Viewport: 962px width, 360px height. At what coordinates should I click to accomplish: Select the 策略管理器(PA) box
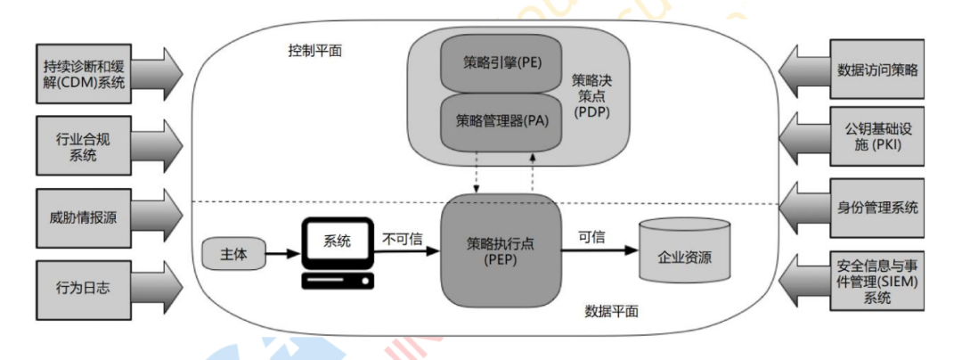501,119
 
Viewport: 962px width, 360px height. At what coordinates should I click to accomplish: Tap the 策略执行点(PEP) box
501,250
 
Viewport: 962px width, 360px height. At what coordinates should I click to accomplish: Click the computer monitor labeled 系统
336,241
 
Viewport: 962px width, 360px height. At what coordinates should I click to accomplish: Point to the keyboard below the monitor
337,281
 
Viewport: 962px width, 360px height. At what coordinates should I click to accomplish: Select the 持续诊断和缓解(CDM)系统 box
83,76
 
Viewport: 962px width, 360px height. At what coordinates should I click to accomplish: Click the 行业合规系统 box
83,147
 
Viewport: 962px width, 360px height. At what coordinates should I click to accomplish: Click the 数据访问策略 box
877,69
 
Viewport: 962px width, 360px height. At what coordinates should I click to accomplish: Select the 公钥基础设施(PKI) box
877,137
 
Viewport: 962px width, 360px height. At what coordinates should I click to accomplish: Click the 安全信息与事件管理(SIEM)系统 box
877,282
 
